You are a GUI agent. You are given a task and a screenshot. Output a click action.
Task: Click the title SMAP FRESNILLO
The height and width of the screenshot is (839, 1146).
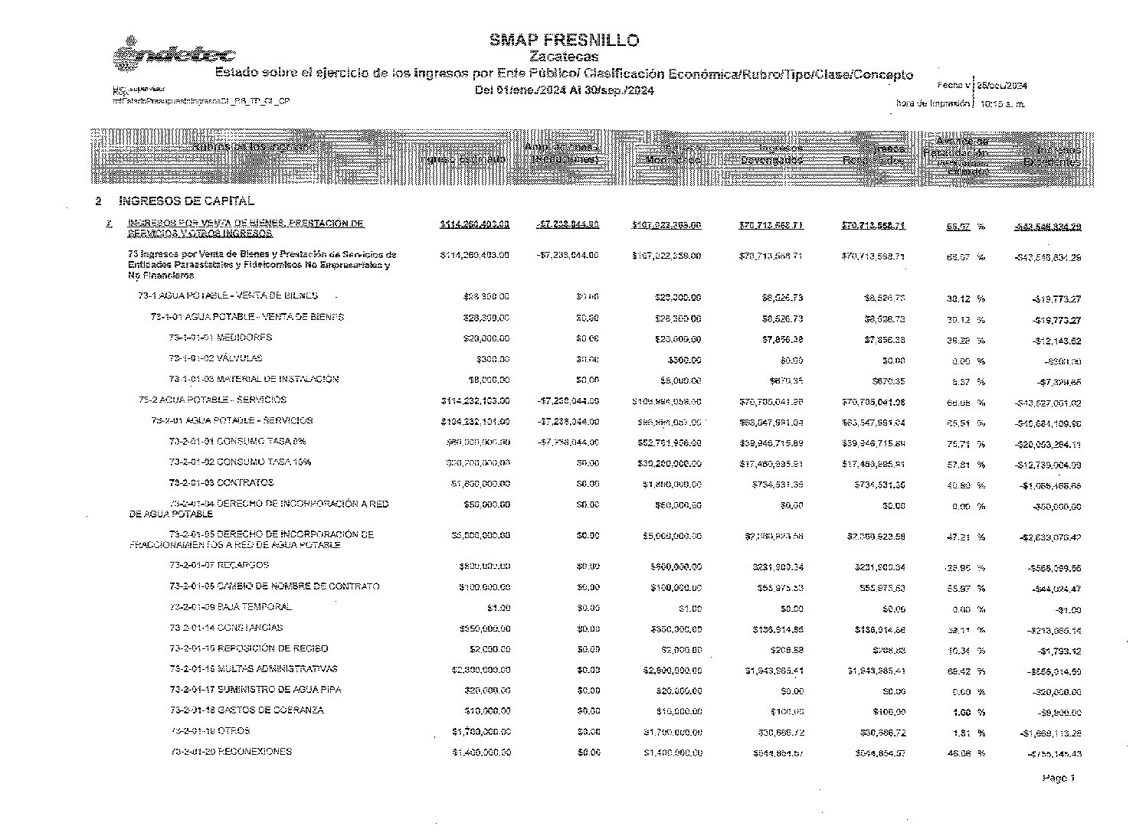pos(564,41)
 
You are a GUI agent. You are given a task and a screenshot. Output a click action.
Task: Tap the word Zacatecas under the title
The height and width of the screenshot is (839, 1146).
pos(564,57)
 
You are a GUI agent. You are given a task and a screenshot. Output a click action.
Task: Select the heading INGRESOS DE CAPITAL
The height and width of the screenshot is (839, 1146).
pos(186,201)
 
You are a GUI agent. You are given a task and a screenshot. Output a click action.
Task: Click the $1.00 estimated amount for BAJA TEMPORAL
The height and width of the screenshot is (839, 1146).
pos(498,609)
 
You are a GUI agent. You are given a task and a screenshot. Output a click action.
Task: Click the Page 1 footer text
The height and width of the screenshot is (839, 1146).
pos(1058,779)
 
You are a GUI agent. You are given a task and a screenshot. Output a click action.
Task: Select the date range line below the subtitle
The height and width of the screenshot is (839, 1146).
pos(564,91)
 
